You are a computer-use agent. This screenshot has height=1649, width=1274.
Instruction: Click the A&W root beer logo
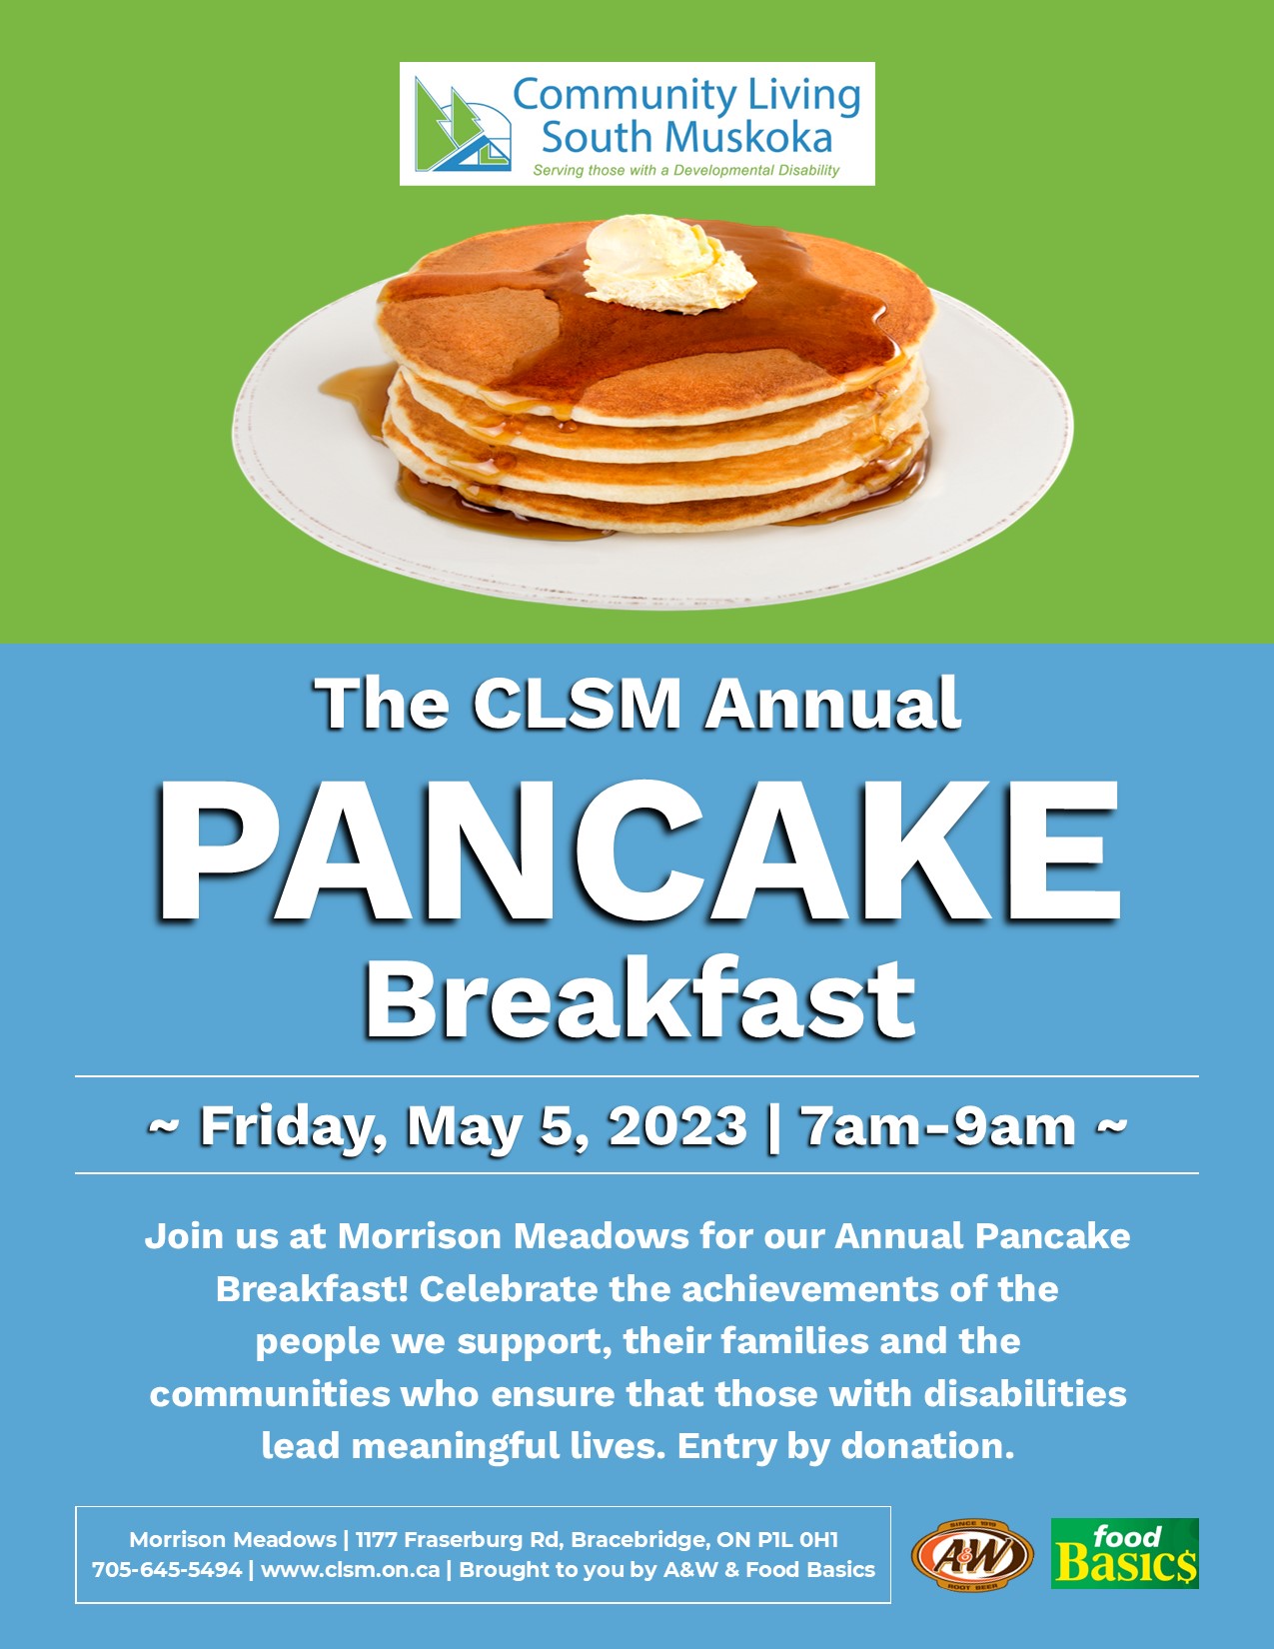point(972,1555)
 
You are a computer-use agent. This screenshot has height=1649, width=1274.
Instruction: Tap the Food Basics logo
point(1124,1553)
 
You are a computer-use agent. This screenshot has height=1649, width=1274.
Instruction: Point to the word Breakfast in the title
point(640,998)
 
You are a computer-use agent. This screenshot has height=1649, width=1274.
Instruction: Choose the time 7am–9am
point(939,1126)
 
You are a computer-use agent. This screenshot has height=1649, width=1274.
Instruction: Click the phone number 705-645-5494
point(167,1569)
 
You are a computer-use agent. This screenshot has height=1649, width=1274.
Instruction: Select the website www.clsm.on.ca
point(350,1569)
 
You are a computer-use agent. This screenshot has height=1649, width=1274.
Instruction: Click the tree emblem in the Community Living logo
point(462,125)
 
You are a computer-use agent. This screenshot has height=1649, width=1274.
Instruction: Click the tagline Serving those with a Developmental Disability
point(685,170)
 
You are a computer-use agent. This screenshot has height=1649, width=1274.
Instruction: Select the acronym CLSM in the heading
point(577,704)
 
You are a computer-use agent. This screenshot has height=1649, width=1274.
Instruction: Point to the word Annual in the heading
point(832,704)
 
